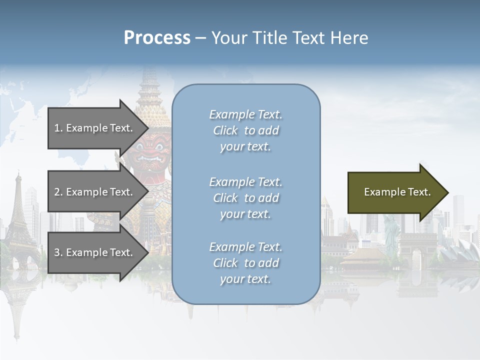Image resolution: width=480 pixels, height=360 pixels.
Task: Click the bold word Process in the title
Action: (157, 38)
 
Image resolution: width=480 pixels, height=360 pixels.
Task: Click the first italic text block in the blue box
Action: (245, 130)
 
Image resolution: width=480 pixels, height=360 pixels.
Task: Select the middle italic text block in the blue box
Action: (245, 198)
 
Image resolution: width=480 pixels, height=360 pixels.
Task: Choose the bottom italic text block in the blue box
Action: (245, 263)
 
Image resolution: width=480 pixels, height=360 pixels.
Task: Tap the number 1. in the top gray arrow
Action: (58, 128)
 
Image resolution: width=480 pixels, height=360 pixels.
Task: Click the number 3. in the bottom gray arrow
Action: (58, 252)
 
